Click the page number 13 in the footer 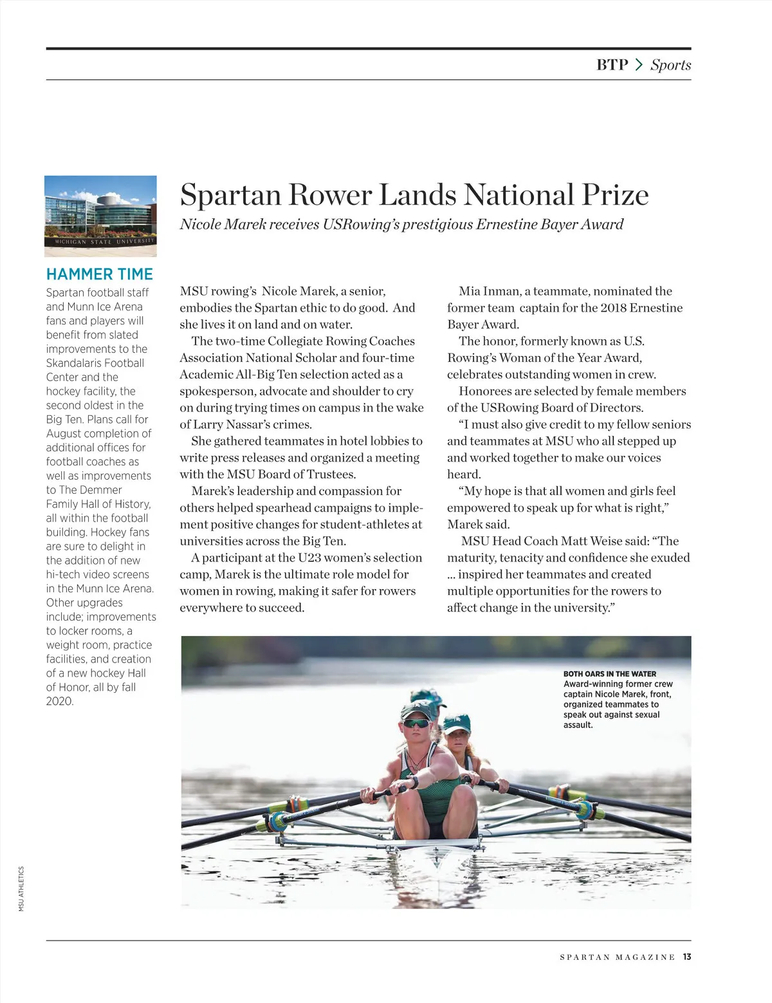click(687, 957)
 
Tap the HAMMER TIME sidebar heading click(100, 274)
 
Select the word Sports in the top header click(670, 64)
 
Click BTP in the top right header click(612, 64)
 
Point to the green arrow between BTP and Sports click(639, 64)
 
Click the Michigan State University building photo click(100, 216)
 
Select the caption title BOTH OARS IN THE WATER click(610, 674)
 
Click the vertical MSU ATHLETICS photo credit click(21, 888)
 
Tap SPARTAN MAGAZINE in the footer click(617, 957)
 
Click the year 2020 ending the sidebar click(60, 701)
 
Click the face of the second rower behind click(457, 744)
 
